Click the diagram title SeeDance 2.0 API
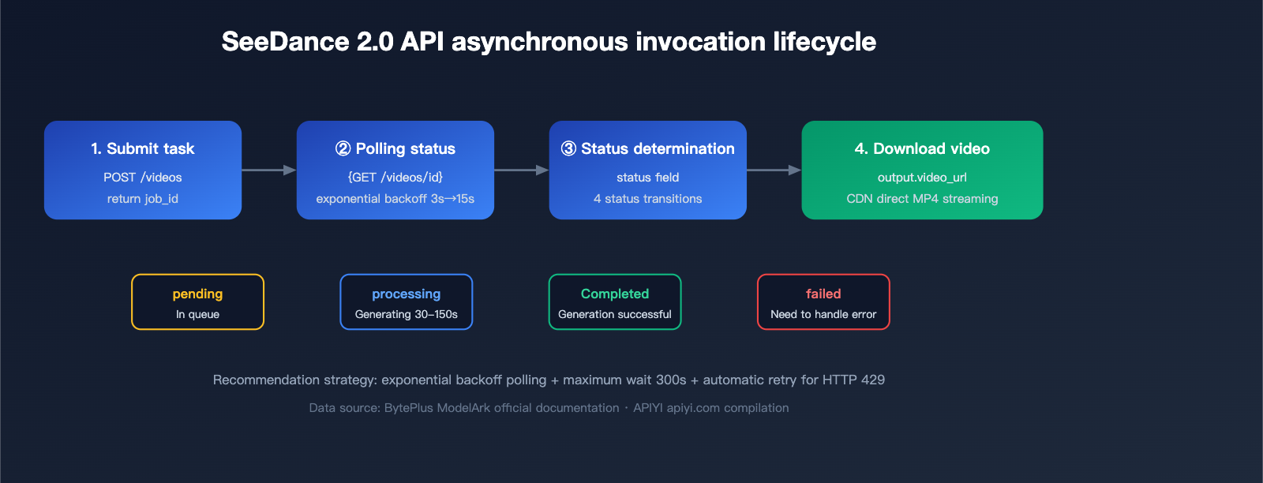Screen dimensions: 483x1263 pos(548,42)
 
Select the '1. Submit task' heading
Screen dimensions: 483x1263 pos(143,148)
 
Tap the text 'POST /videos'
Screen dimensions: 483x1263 pos(143,178)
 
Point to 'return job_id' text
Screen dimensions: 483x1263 pos(143,199)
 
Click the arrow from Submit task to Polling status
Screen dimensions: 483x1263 pos(268,170)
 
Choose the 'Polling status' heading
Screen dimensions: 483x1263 pos(395,148)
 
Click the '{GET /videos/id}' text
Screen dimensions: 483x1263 pos(395,178)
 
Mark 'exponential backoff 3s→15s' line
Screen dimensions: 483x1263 pos(395,199)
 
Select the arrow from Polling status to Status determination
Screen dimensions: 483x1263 pos(521,170)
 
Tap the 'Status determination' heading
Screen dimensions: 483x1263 pos(648,148)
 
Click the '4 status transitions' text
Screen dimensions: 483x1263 pos(648,199)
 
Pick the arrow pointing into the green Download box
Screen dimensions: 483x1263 pos(774,170)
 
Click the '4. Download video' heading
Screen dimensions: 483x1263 pos(922,148)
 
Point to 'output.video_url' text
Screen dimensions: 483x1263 pos(922,178)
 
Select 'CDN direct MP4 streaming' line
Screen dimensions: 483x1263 pos(922,199)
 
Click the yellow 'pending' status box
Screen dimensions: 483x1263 pos(197,302)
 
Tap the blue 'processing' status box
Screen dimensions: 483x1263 pos(407,302)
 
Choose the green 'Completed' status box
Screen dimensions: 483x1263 pos(615,302)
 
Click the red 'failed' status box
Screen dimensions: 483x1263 pos(823,302)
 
